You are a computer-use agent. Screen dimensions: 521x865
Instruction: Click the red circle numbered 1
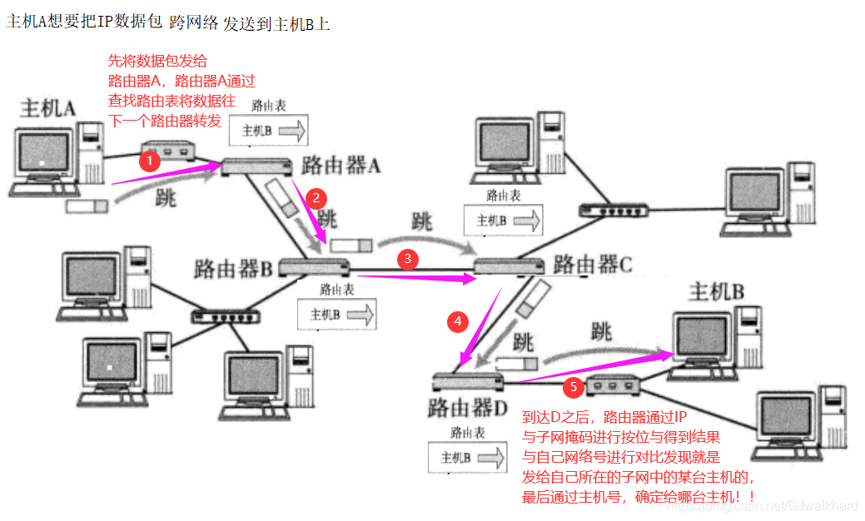[x=149, y=160]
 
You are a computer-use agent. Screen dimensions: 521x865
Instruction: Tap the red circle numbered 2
[x=316, y=197]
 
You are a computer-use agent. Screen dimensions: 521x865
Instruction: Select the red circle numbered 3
[x=407, y=259]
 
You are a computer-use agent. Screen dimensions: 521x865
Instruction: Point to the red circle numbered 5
[x=572, y=387]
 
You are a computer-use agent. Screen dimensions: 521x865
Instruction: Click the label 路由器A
[x=341, y=165]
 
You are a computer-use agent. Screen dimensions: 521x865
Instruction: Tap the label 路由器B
[x=234, y=269]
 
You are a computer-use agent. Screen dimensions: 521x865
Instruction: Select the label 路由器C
[x=593, y=265]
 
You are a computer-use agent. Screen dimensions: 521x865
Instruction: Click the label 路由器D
[x=468, y=409]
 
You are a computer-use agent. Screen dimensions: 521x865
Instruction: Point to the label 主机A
[x=47, y=108]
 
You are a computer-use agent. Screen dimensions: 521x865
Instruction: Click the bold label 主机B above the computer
[x=717, y=292]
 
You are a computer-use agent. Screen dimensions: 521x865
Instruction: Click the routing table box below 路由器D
[x=467, y=458]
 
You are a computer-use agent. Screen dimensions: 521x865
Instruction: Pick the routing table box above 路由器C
[x=503, y=221]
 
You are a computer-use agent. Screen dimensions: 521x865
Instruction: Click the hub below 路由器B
[x=226, y=316]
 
